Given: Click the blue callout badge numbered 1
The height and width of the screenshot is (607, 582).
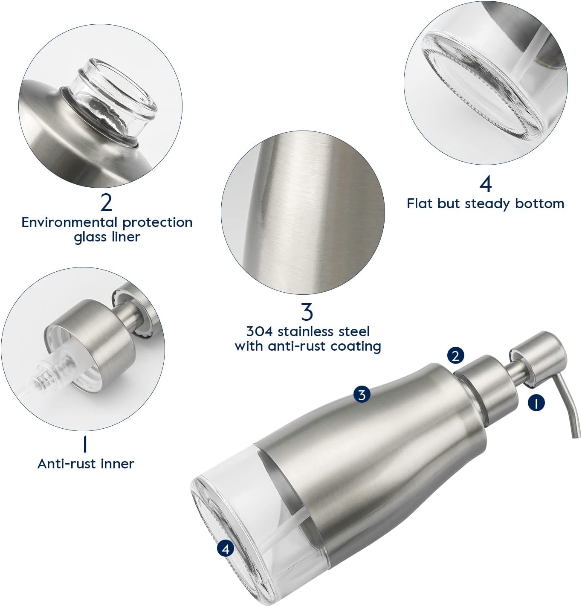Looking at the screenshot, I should coord(536,402).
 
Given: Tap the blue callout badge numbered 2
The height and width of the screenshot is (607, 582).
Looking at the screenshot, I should coord(455,355).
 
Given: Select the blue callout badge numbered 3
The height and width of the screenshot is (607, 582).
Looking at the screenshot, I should coord(362,395).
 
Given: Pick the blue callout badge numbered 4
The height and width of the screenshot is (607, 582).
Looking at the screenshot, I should coord(226,549).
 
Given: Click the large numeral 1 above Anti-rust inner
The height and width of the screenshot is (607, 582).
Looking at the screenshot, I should coord(85,444).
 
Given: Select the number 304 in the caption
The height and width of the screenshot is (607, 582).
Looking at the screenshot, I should coord(259,331).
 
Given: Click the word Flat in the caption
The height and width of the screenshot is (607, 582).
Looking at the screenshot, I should coord(420,203).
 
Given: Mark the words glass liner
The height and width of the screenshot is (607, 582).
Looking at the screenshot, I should coord(107,237).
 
